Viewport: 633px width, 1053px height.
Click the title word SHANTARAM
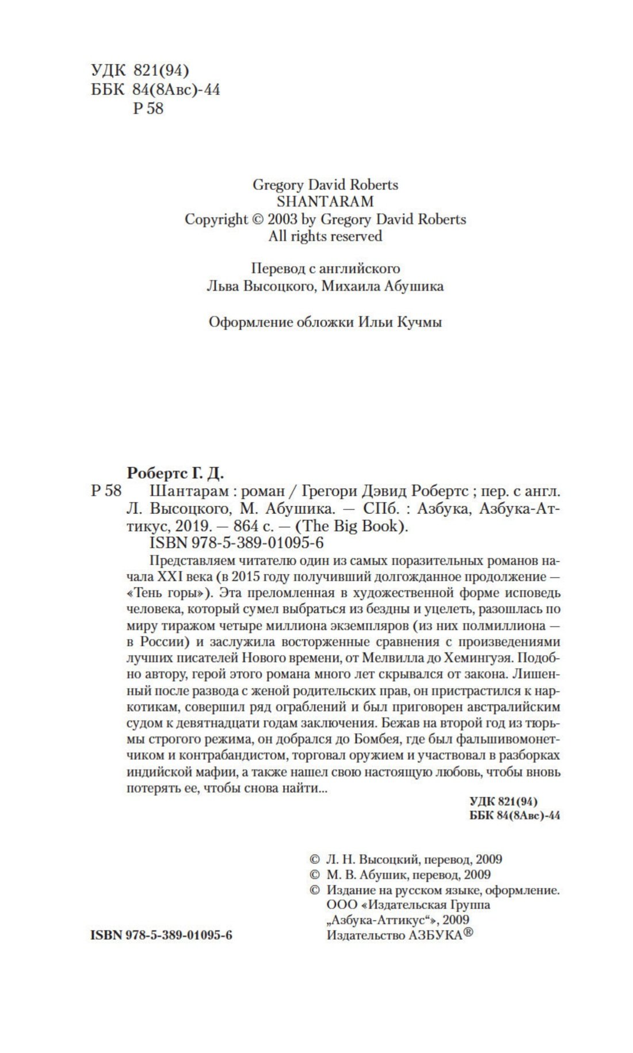pos(325,201)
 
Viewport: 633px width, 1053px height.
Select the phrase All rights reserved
pos(325,236)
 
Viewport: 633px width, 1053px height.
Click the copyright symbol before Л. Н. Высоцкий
pos(314,859)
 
